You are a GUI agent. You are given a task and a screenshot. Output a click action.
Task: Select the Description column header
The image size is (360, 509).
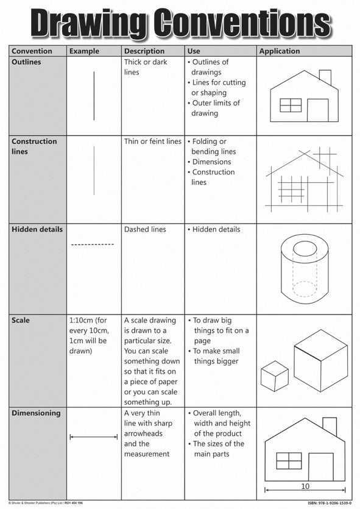coord(144,51)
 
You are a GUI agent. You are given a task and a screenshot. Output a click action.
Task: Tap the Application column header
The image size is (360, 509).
coord(280,51)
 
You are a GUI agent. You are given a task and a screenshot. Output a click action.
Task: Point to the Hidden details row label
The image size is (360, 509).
coord(37,230)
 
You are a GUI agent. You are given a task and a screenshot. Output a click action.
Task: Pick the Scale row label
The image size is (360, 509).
coord(21,321)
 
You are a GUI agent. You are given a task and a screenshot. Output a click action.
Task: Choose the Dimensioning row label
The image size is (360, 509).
coord(36,413)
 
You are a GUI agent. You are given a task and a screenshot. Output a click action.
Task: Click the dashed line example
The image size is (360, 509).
coord(93,244)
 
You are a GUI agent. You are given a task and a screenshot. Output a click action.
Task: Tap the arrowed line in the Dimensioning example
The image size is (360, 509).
coord(94,436)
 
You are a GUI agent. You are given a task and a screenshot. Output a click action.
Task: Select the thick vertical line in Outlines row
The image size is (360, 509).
coord(94,96)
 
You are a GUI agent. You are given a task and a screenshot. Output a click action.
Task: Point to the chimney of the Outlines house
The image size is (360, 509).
coord(325,77)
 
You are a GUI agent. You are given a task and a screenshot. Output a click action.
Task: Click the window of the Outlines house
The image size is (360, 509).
coord(291,105)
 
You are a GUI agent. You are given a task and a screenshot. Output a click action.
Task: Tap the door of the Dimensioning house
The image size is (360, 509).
coord(321,467)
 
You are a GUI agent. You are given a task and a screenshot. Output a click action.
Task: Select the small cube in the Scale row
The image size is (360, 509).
coord(274,376)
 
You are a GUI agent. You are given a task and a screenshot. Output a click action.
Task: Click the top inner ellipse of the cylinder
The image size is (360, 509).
coord(303,249)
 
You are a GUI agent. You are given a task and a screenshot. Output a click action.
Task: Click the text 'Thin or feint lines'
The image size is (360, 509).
coord(153,141)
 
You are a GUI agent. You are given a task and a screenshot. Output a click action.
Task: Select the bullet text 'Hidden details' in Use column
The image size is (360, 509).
coord(216,230)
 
